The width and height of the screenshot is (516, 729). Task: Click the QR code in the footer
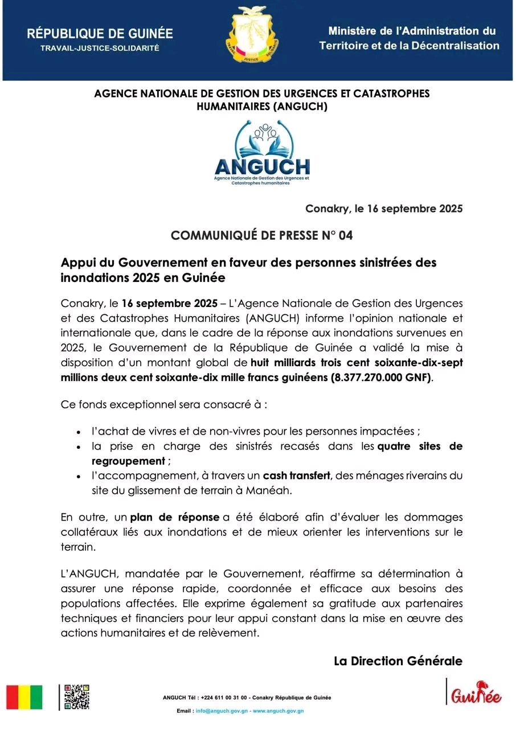[x=76, y=697]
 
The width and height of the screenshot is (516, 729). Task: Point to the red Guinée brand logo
[x=476, y=693]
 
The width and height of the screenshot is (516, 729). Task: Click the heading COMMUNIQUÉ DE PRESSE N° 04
[x=262, y=235]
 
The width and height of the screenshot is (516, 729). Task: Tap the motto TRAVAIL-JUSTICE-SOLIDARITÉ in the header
[x=100, y=48]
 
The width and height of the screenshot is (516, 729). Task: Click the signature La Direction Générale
[x=398, y=661]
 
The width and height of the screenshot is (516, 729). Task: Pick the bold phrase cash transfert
[x=296, y=475]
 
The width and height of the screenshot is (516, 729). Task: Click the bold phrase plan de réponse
[x=175, y=517]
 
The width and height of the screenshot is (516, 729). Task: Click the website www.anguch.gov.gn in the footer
[x=278, y=711]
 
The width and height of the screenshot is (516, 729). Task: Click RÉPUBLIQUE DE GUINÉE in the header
[x=100, y=34]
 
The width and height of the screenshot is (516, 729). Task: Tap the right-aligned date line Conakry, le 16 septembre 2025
[x=384, y=208]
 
